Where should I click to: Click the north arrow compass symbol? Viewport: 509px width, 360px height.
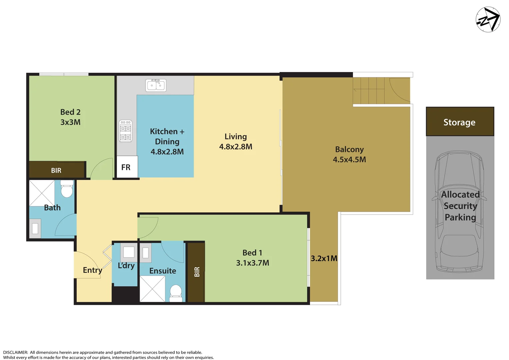488,20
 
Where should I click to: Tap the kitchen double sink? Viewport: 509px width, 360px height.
156,85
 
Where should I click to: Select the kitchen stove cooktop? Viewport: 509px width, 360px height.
126,131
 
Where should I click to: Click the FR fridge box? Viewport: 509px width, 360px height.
126,167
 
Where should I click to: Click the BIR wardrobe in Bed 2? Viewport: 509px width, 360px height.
57,170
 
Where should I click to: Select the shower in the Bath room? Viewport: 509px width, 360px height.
42,193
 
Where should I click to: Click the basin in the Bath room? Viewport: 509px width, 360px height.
35,228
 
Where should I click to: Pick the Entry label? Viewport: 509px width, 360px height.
92,270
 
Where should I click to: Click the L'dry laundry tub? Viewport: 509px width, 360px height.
129,252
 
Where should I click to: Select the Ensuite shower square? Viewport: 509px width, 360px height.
152,289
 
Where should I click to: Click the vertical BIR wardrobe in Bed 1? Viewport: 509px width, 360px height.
196,272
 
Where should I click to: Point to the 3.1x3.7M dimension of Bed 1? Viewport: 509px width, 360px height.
252,263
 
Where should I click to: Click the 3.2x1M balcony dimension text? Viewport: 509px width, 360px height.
324,259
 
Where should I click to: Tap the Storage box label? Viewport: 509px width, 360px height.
459,122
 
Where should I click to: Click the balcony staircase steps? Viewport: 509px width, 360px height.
369,91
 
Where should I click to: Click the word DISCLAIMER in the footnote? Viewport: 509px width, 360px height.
15,352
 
